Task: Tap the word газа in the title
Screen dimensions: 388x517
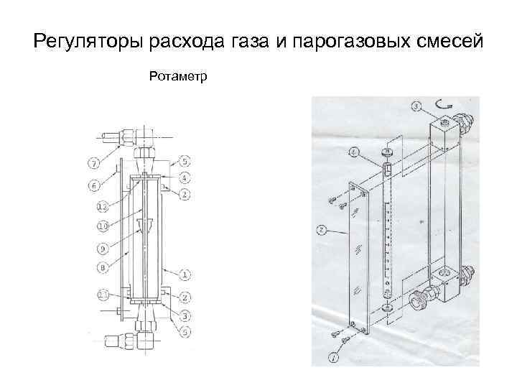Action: pos(252,42)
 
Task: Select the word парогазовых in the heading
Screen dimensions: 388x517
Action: pos(353,42)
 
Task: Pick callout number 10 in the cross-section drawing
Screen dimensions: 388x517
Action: pos(103,226)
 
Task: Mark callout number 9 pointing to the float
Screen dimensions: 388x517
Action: pos(103,249)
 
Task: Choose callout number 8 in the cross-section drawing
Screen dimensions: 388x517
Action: pos(103,267)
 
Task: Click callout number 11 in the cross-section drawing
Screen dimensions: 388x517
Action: pos(103,295)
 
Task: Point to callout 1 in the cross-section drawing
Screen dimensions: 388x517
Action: pos(185,274)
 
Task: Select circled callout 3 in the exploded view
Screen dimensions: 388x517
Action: pos(416,107)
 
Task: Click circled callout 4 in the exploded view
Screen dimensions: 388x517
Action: pos(355,152)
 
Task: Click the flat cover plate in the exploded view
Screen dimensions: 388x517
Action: pos(359,259)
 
